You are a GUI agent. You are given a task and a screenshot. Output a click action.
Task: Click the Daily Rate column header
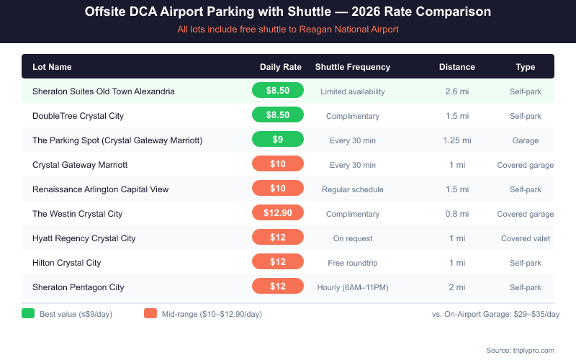click(x=280, y=67)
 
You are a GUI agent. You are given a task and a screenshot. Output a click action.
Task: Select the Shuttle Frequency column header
click(x=352, y=67)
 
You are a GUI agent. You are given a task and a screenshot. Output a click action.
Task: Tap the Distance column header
click(x=456, y=67)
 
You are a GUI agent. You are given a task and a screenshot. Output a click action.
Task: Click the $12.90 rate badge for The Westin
click(x=278, y=214)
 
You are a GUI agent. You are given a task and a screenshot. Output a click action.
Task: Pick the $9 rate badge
click(x=278, y=140)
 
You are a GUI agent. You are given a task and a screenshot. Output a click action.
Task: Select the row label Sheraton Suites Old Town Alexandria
click(x=103, y=91)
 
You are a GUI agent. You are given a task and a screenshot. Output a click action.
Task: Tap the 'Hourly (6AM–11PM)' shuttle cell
click(x=352, y=287)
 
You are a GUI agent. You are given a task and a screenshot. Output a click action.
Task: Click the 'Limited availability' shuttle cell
click(x=352, y=91)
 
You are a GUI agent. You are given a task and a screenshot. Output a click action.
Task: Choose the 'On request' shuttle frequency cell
click(x=352, y=238)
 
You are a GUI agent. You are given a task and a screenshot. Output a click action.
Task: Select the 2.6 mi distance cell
click(x=456, y=91)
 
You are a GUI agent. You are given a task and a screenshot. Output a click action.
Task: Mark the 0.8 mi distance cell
click(x=456, y=214)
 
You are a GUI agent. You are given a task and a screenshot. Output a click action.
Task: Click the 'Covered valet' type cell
click(x=525, y=238)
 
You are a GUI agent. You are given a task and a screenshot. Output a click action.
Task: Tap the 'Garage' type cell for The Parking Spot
click(x=525, y=140)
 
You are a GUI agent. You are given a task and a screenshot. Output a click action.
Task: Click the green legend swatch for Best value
click(x=28, y=314)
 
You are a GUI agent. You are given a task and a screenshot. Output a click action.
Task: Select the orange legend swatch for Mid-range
click(x=150, y=314)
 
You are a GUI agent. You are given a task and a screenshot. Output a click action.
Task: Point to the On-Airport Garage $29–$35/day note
click(x=495, y=314)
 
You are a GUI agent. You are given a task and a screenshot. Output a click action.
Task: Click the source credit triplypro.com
click(x=520, y=350)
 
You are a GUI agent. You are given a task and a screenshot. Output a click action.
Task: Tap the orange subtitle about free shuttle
click(x=288, y=30)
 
